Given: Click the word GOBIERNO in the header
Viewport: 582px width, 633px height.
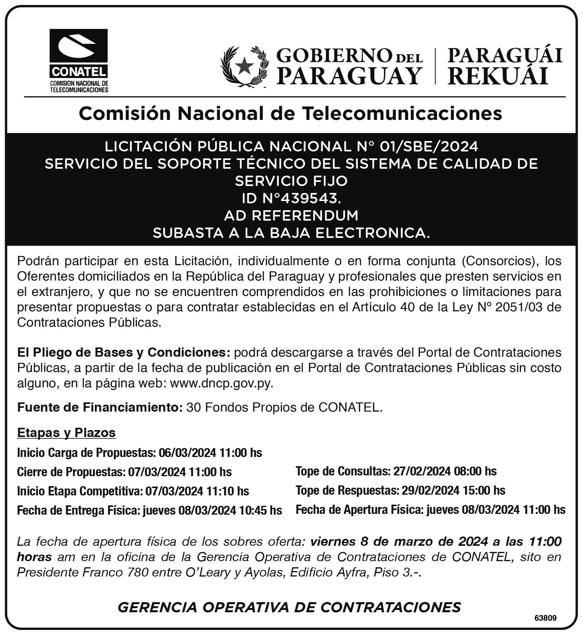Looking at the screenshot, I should tap(335, 56).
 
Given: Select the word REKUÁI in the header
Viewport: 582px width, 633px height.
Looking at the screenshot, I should tap(497, 76).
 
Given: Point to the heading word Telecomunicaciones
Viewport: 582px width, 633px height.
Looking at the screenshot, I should tap(402, 113).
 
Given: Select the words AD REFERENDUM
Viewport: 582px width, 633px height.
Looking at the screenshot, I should tap(291, 216).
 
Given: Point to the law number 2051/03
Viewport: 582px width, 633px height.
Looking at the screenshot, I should tap(524, 307).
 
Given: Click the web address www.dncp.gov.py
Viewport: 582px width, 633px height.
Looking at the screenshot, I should tap(221, 384).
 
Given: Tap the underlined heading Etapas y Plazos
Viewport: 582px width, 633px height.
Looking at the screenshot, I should tap(66, 433).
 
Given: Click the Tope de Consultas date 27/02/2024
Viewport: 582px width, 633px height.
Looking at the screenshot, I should tap(421, 471).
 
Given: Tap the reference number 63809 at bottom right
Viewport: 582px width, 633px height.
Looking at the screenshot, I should tap(545, 618).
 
